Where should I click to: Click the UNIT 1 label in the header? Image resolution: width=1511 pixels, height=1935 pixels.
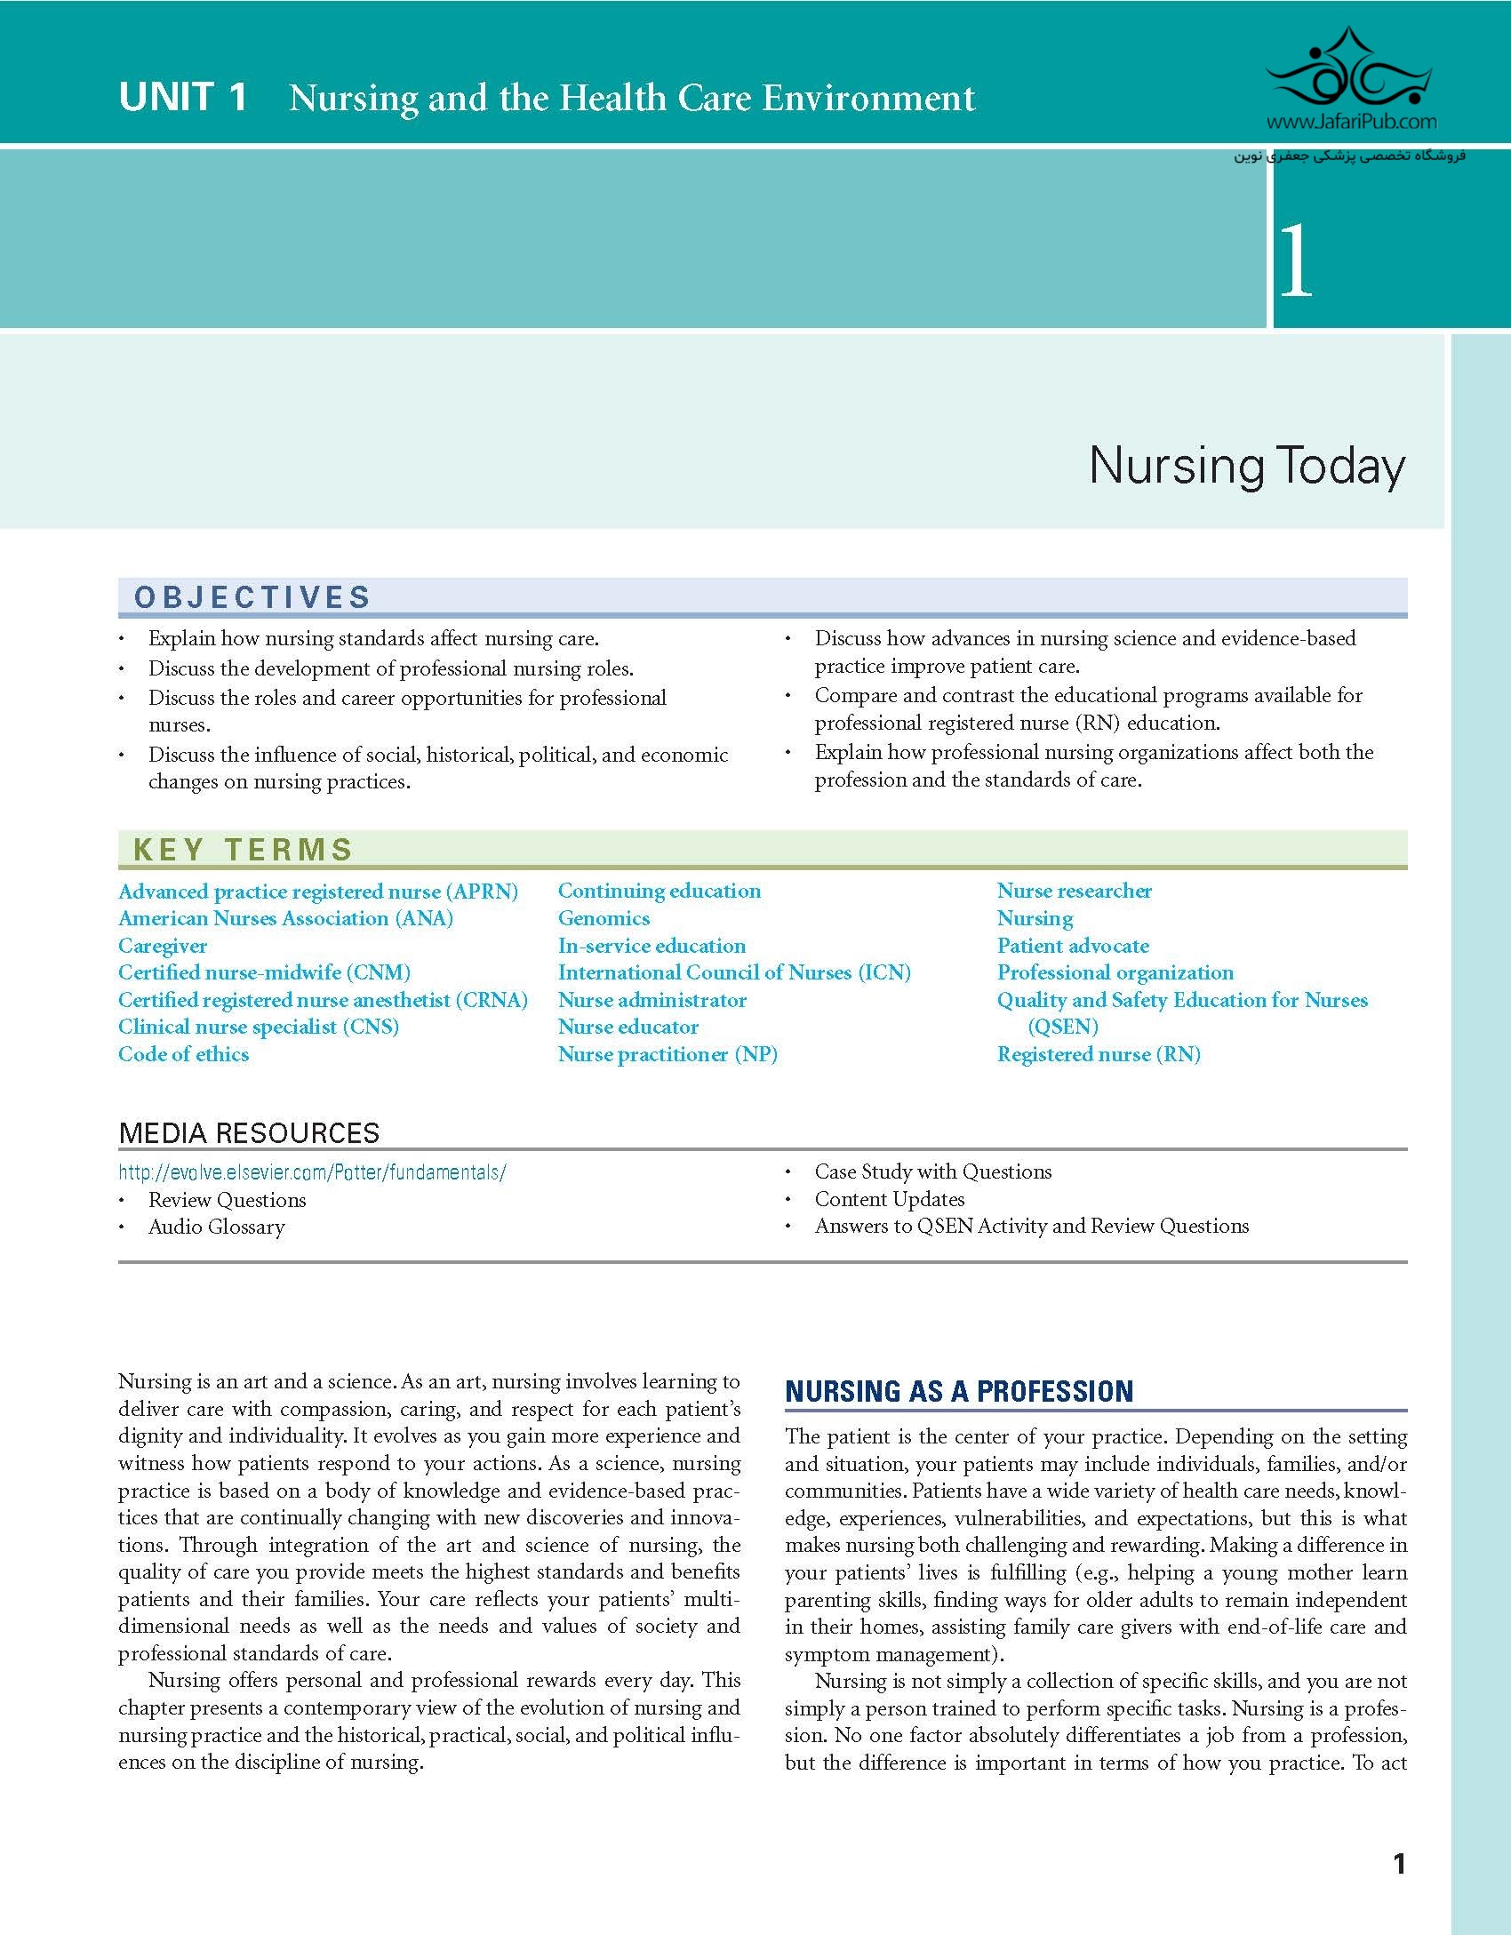[182, 97]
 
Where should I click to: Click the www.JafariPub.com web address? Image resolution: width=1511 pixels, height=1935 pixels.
[1351, 122]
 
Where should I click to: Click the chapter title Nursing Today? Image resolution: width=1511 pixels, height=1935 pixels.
[1247, 466]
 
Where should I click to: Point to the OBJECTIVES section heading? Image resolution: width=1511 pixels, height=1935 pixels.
[252, 597]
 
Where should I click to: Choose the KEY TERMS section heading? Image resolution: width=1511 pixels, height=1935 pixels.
[244, 850]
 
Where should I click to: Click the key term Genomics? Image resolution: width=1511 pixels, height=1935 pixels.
[604, 918]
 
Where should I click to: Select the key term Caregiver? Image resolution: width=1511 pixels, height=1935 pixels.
[163, 946]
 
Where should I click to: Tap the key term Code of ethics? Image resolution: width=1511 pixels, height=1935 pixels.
[184, 1054]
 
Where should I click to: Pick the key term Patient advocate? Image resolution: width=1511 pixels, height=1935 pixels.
[1073, 946]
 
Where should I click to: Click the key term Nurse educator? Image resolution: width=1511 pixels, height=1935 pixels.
[628, 1027]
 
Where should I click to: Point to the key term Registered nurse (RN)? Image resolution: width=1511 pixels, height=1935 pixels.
[1099, 1054]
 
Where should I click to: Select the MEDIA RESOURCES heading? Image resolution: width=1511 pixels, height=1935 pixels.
[249, 1133]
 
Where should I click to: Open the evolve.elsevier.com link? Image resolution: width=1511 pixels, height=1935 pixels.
[312, 1172]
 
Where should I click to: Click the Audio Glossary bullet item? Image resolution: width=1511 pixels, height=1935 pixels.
[217, 1227]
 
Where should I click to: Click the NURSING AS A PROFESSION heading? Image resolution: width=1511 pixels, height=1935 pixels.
[959, 1392]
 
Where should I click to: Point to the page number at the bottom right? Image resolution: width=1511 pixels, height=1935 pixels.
[1399, 1864]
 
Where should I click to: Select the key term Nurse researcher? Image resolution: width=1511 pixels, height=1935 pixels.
[1075, 891]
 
